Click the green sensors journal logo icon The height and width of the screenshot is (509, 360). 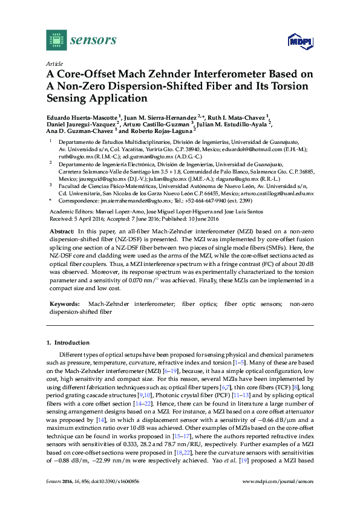pos(56,40)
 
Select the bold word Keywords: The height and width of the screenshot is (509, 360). pos(64,303)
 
